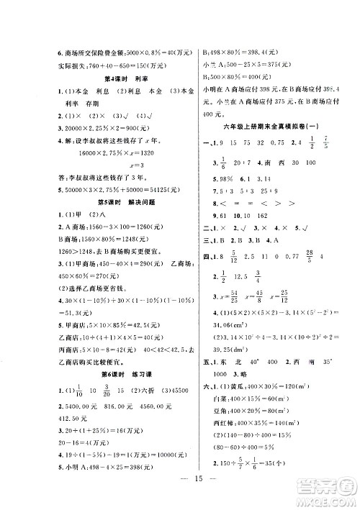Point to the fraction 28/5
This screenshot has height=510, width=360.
point(306,254)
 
